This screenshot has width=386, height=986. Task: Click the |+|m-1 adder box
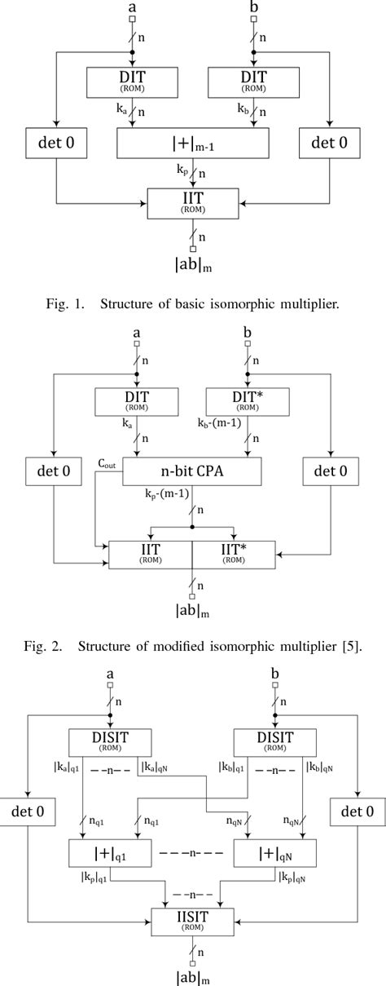(192, 144)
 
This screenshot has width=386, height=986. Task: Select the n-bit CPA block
(193, 471)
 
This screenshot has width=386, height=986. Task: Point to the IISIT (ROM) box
(192, 922)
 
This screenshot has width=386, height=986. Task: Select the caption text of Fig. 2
(192, 646)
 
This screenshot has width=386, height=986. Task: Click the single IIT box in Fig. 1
(192, 202)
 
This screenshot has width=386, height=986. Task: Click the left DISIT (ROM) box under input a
(112, 742)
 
